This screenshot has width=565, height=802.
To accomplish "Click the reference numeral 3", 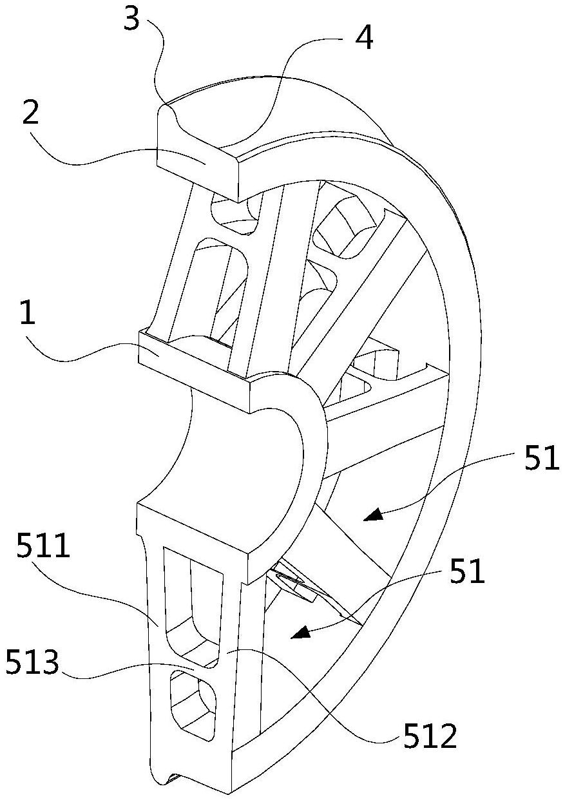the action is coord(131,17).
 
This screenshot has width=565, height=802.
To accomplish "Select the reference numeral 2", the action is coord(30,111).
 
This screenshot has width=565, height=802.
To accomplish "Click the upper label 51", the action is coord(542,457).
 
